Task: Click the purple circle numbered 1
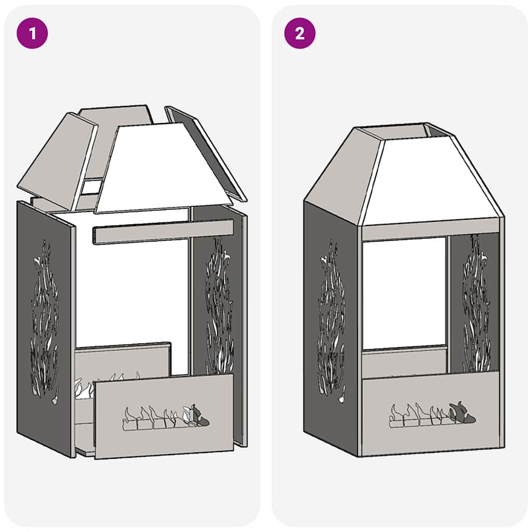point(33,34)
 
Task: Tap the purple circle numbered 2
point(300,34)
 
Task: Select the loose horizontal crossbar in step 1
point(162,232)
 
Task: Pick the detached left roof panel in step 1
point(57,158)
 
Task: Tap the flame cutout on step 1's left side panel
point(44,317)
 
